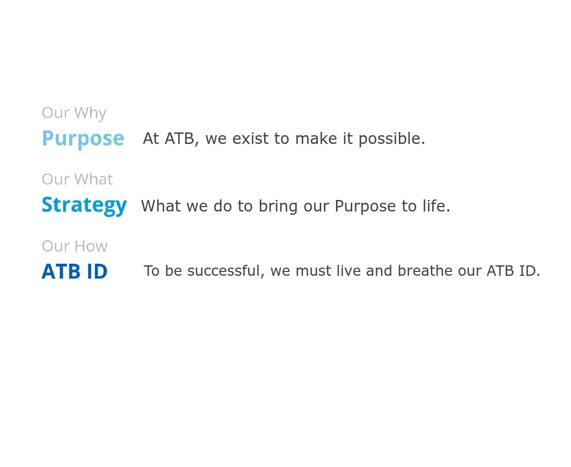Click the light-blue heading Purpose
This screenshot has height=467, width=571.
click(x=83, y=139)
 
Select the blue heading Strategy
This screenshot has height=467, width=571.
click(x=84, y=205)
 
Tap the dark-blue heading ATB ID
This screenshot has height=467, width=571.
click(x=75, y=271)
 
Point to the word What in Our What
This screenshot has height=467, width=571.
click(x=93, y=179)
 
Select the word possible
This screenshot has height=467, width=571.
click(x=392, y=139)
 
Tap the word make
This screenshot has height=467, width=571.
click(x=316, y=138)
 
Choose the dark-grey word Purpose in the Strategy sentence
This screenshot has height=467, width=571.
click(x=365, y=207)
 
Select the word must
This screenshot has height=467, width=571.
click(x=311, y=271)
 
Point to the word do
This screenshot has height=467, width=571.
click(x=222, y=206)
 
